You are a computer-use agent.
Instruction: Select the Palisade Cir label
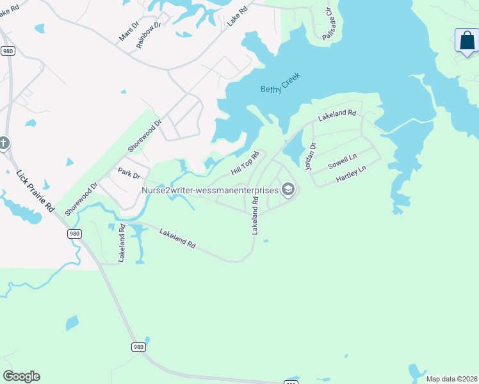pyautogui.click(x=328, y=24)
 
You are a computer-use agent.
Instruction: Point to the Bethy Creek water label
pyautogui.click(x=280, y=83)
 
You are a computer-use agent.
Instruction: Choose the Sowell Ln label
pyautogui.click(x=342, y=161)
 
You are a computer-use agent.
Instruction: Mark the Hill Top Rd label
pyautogui.click(x=245, y=164)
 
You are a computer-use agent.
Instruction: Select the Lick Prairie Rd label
pyautogui.click(x=35, y=191)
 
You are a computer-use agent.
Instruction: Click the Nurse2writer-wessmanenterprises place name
pyautogui.click(x=210, y=190)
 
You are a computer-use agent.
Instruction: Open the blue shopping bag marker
pyautogui.click(x=467, y=41)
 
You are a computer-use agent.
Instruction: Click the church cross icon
pyautogui.click(x=3, y=143)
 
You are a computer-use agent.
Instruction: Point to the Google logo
pyautogui.click(x=21, y=376)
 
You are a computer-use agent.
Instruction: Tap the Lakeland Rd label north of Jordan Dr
pyautogui.click(x=337, y=115)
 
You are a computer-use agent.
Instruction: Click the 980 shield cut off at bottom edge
pyautogui.click(x=290, y=382)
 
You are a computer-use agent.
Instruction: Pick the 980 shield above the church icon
pyautogui.click(x=8, y=51)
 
